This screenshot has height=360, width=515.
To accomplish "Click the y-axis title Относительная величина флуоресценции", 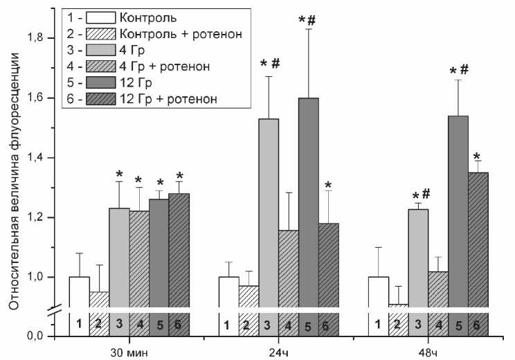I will coord(14,180).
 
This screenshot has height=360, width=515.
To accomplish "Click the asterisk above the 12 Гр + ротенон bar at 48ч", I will coord(477,156).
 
